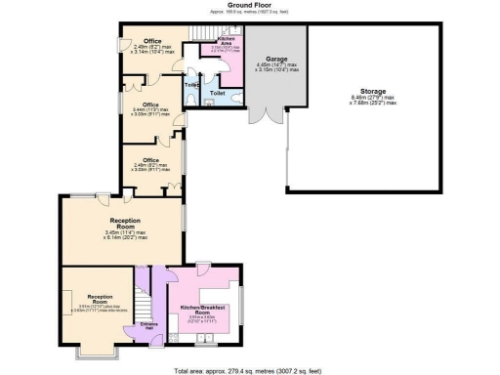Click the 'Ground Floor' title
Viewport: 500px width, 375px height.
point(249,5)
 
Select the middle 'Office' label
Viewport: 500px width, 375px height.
point(150,104)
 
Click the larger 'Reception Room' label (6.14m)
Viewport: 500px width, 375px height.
point(127,224)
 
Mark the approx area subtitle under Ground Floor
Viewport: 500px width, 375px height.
point(249,13)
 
